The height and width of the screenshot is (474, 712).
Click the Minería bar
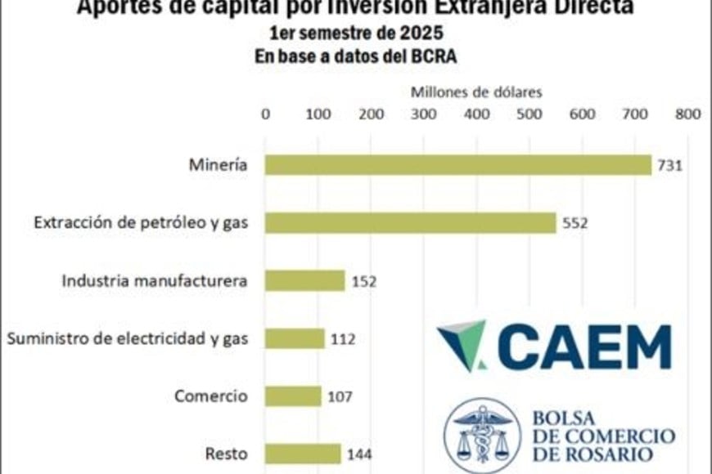point(457,165)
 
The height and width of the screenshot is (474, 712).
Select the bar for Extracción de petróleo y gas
point(410,222)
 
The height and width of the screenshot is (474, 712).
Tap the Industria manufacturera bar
point(304,281)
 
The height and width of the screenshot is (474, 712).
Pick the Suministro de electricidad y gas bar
point(295,338)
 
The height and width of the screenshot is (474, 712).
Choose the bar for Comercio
point(293,396)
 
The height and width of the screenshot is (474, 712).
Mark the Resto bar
point(302,454)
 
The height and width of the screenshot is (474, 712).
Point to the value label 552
point(574,223)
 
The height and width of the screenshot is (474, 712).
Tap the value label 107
point(339,397)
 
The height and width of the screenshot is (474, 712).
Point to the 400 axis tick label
point(476,114)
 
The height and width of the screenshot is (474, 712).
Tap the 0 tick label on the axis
point(265,114)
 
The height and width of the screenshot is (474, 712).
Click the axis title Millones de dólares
point(475,92)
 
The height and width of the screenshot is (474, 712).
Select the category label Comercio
point(210,396)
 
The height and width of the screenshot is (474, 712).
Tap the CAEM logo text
point(583,347)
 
